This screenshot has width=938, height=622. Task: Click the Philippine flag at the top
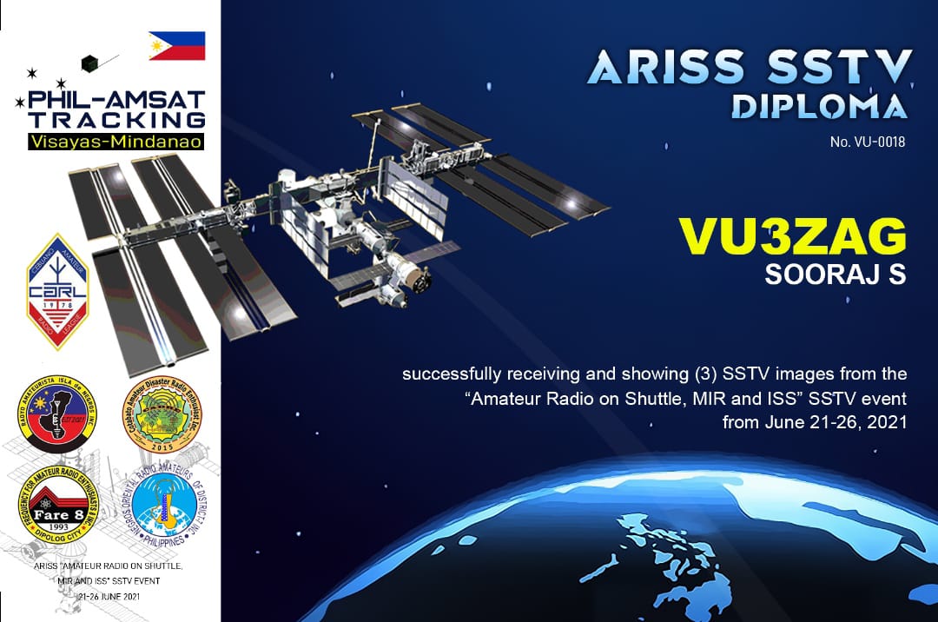click(x=176, y=45)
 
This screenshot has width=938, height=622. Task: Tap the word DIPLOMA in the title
click(x=819, y=105)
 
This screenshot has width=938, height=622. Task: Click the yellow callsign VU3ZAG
click(x=791, y=235)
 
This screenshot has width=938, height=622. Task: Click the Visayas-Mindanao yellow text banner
click(x=116, y=141)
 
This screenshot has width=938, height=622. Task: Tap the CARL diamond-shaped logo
click(x=57, y=291)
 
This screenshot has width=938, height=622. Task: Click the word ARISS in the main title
click(x=665, y=68)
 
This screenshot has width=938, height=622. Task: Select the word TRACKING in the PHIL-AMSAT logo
click(x=116, y=119)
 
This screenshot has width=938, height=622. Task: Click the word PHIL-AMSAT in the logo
click(x=116, y=99)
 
